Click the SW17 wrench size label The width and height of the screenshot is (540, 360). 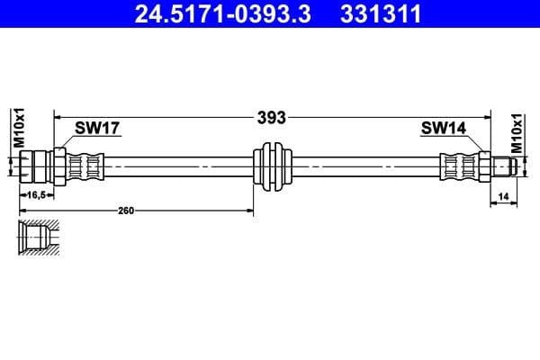click(97, 129)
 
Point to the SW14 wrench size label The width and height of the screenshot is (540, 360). click(443, 129)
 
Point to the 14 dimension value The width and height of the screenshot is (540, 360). click(503, 193)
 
